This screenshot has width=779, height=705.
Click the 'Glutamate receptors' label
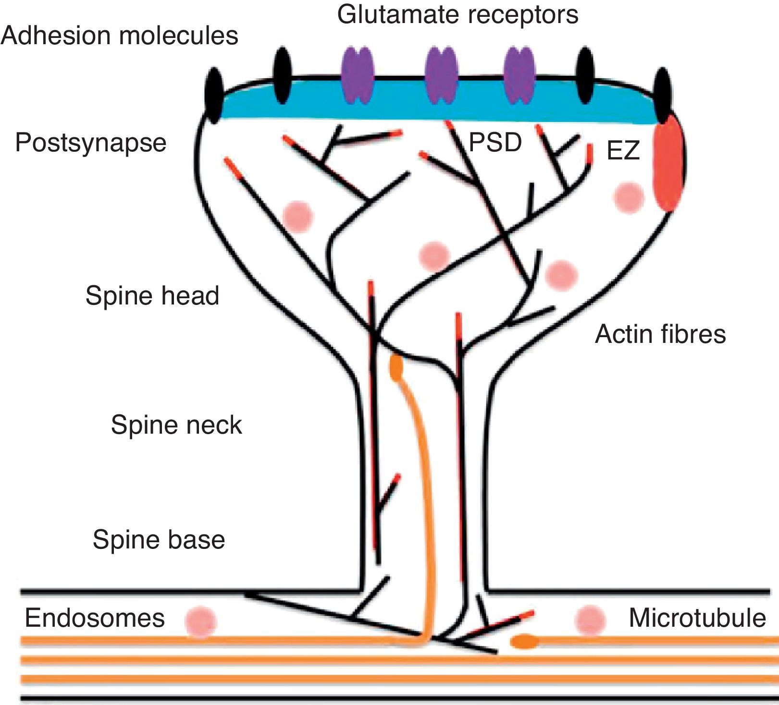click(458, 14)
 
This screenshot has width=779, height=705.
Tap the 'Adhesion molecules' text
click(120, 36)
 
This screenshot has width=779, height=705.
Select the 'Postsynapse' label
click(91, 143)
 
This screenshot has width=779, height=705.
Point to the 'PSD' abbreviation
click(495, 142)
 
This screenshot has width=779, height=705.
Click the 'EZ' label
click(623, 151)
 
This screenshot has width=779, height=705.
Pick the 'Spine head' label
click(152, 295)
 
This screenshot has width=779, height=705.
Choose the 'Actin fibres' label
click(660, 333)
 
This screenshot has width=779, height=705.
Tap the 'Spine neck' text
click(176, 425)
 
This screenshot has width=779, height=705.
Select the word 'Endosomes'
click(95, 618)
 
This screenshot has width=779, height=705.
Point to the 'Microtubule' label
click(697, 618)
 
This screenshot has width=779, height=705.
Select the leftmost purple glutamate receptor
click(357, 74)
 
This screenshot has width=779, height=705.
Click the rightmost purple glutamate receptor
click(519, 74)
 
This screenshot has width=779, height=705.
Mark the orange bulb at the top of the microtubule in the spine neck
click(396, 367)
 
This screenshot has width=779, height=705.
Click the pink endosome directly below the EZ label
click(629, 197)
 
